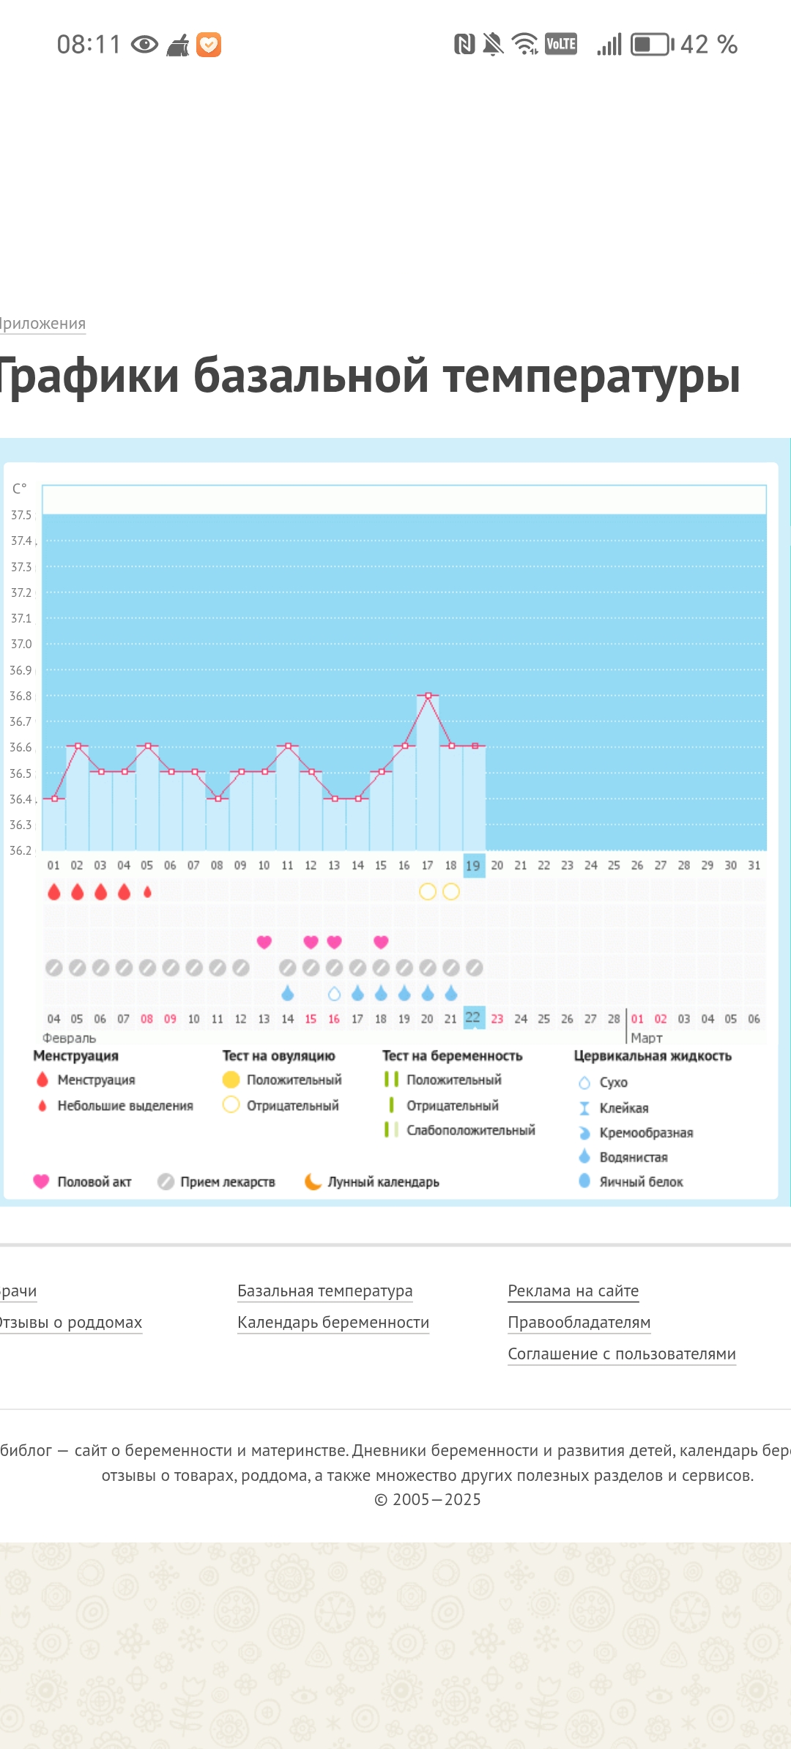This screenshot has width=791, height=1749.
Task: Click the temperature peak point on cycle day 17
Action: (428, 694)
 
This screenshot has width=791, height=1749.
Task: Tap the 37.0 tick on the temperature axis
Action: (21, 644)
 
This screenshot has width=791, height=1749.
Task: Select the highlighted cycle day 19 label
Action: (474, 866)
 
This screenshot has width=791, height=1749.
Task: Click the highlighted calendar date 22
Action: (474, 1018)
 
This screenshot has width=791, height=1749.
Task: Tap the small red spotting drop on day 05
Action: (147, 891)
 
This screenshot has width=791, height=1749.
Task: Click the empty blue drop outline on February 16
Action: (334, 994)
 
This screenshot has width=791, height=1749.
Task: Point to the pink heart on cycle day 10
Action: (264, 942)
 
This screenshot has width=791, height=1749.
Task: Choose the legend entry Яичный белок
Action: (641, 1181)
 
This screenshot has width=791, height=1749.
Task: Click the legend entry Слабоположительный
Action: (470, 1130)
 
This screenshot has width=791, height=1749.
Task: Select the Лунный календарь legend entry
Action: (382, 1181)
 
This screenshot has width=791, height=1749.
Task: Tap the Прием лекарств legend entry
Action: (227, 1181)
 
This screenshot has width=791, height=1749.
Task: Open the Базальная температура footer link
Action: (324, 1291)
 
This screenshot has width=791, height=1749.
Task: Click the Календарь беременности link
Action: (333, 1322)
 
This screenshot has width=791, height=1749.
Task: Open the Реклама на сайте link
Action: (573, 1291)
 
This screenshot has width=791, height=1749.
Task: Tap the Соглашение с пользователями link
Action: (622, 1353)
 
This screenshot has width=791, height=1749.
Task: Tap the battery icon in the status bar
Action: (652, 45)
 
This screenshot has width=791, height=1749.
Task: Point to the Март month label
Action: (646, 1038)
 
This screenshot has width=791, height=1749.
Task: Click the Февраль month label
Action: (69, 1038)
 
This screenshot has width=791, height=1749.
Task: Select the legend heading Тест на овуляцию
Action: (278, 1055)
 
